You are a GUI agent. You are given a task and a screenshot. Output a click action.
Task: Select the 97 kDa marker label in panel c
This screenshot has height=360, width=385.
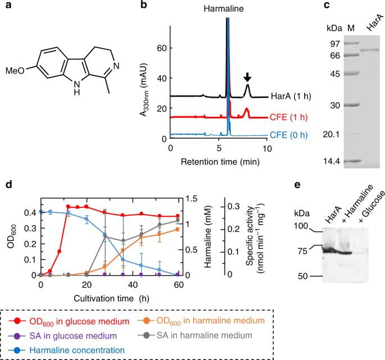coord(334,43)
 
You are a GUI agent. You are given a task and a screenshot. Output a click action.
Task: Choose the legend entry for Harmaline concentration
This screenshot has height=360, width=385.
coord(76,349)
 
